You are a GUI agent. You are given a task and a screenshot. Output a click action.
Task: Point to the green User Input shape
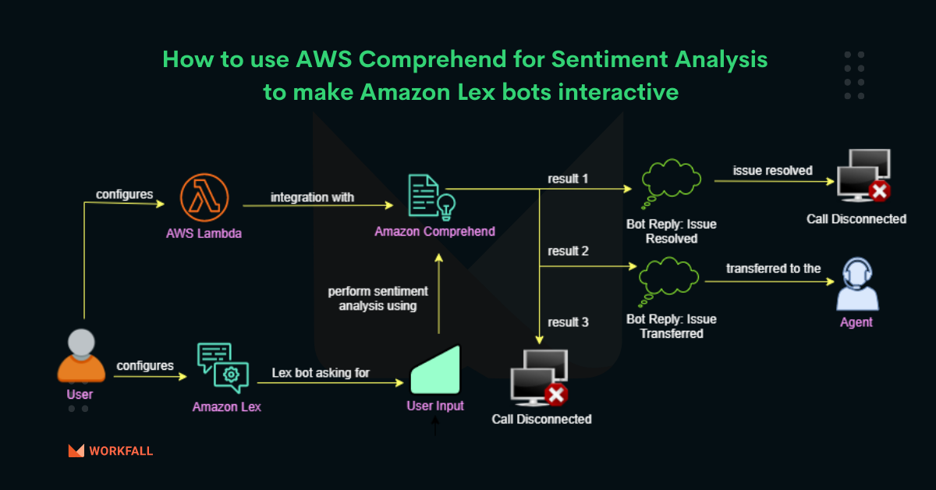coord(435,370)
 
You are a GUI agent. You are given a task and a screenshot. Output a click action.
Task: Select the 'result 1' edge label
coord(568,179)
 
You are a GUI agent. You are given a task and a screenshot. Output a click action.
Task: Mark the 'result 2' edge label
coord(568,251)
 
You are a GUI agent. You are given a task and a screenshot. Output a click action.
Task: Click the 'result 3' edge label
coord(568,321)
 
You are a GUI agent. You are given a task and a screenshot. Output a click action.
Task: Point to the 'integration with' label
coord(312,197)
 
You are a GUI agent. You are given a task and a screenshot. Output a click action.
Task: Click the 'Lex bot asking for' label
coord(321,373)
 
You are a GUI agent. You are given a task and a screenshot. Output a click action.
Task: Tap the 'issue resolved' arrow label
coord(772,170)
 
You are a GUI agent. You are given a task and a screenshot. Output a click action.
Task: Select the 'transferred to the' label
coord(773,268)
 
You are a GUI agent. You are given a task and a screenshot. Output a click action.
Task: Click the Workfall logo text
coord(121,451)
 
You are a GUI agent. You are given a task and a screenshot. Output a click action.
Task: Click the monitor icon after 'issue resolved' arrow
coord(863,176)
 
